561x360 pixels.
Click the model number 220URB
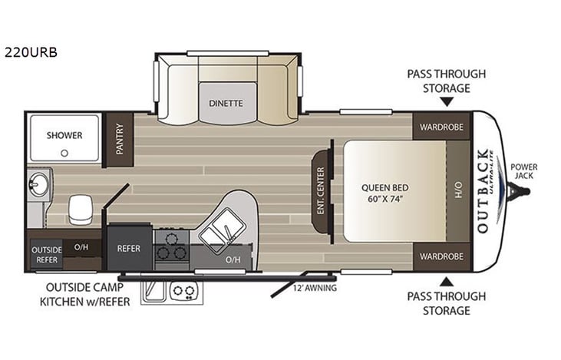point(31,53)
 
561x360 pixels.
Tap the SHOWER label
point(64,135)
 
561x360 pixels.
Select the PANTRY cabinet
point(119,139)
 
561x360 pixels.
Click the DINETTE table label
point(226,103)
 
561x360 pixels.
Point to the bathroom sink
point(38,185)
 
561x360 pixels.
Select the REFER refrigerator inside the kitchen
point(128,248)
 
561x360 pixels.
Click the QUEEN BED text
point(384,186)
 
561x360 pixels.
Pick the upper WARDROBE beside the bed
point(441,127)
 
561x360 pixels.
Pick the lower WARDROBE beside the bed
point(441,256)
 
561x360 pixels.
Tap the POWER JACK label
point(524,171)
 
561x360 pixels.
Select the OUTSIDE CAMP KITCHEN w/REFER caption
point(84,295)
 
